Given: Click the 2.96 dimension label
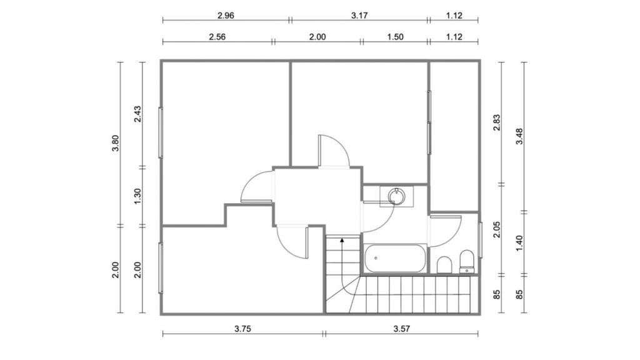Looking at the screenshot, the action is [x=226, y=16].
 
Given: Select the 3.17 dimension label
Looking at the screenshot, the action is [x=359, y=16].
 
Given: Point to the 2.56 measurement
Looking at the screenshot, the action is [x=217, y=37].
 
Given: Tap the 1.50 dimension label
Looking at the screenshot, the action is [x=395, y=37].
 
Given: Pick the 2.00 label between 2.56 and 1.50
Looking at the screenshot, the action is [x=317, y=37].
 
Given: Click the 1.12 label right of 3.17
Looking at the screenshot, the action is [x=454, y=16].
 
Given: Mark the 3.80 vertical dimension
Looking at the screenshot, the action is [x=116, y=143].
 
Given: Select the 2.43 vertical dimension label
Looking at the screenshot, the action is [x=137, y=114].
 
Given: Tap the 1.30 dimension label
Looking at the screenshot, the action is [x=137, y=196].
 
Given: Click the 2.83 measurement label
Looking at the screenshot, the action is [x=497, y=122].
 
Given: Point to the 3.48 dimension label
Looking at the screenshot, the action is [x=519, y=136].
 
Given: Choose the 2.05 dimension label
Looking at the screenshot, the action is [x=497, y=229].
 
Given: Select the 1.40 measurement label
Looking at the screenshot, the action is [x=519, y=243].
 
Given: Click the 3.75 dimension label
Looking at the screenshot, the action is [x=242, y=329].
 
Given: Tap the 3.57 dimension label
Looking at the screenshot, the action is [x=402, y=329].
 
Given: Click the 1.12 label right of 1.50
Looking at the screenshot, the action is [x=454, y=37].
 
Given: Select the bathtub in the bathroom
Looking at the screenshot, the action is [x=395, y=258].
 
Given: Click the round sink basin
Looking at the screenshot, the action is [x=396, y=196].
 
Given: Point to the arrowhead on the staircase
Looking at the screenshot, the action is [x=342, y=241].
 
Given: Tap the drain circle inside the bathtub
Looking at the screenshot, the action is [x=376, y=258].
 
